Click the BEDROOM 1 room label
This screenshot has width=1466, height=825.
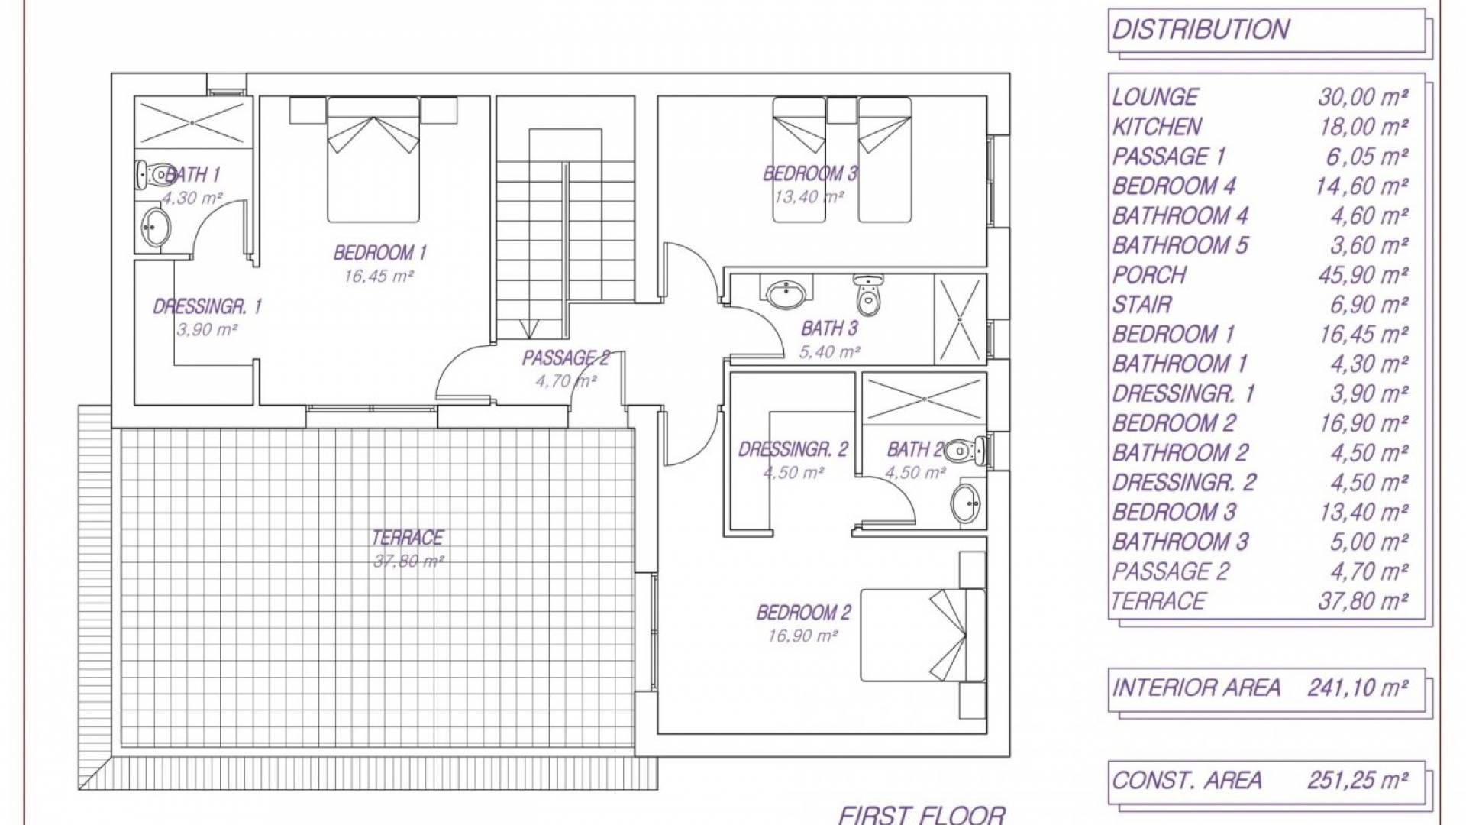pos(379,253)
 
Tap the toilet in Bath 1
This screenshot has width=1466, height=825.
pos(155,175)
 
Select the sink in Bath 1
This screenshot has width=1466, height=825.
pos(156,227)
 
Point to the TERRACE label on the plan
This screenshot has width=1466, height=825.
pos(407,538)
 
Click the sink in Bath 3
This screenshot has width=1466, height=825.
pos(786,293)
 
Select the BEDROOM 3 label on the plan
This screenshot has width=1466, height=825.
pos(810,174)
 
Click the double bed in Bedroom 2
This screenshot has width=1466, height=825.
pos(923,634)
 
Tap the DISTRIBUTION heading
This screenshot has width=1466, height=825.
pos(1201,30)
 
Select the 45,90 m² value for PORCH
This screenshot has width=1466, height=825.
pos(1363,275)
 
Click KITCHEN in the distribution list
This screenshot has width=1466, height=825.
pos(1158,127)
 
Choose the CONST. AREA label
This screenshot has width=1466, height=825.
pos(1187,781)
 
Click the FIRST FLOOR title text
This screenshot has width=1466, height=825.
pos(922,815)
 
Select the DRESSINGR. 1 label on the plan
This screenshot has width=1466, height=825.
pos(207,307)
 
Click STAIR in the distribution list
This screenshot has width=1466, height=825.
pos(1141,305)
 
